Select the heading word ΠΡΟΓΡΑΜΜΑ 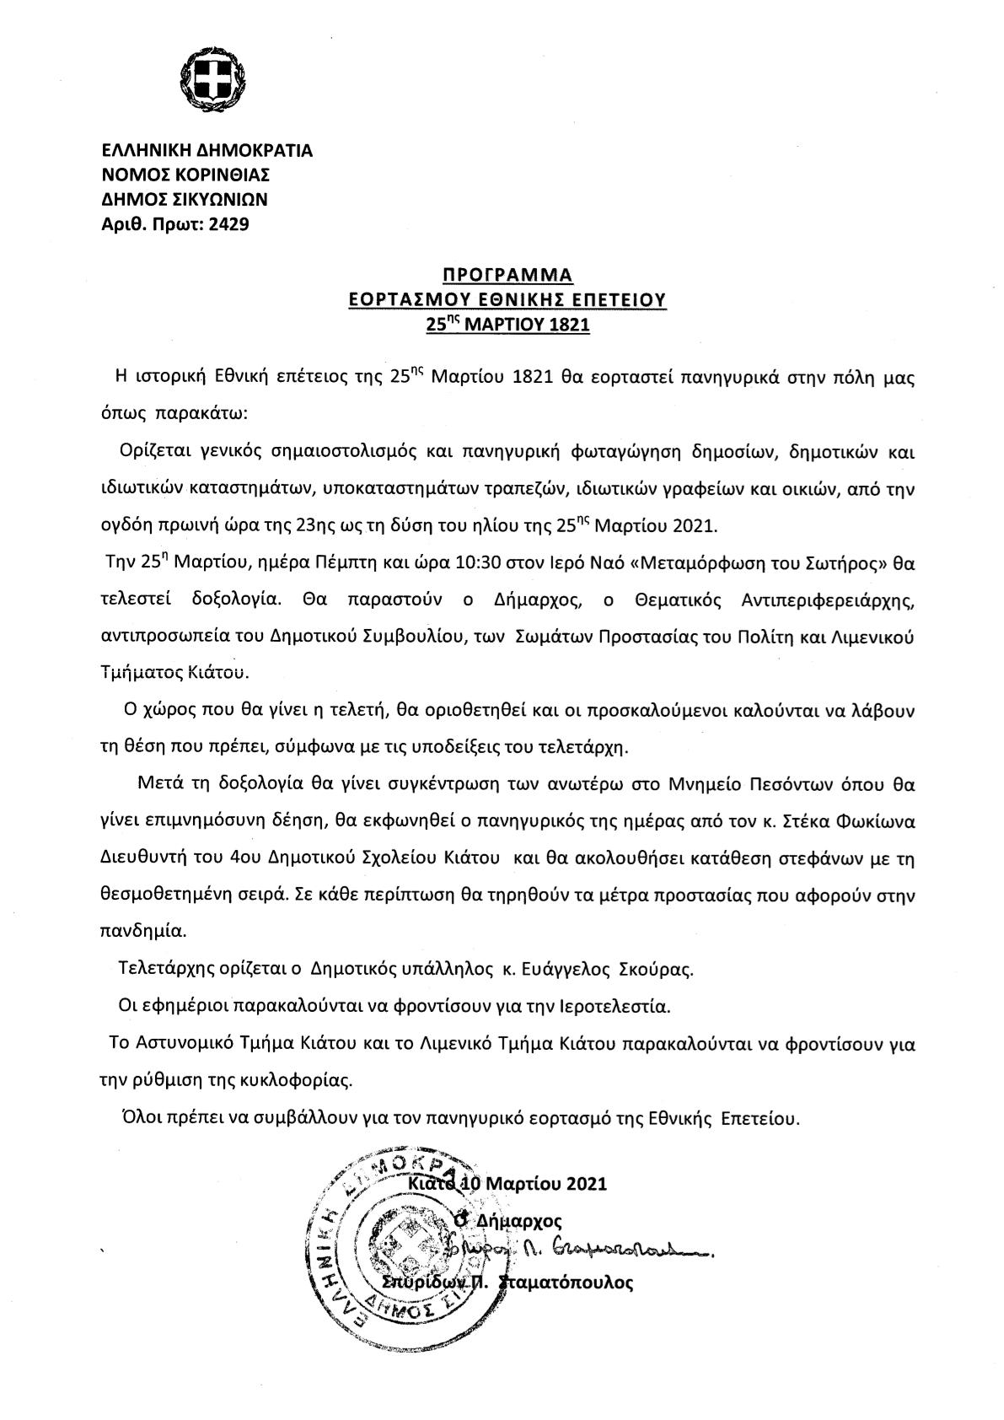507,275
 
